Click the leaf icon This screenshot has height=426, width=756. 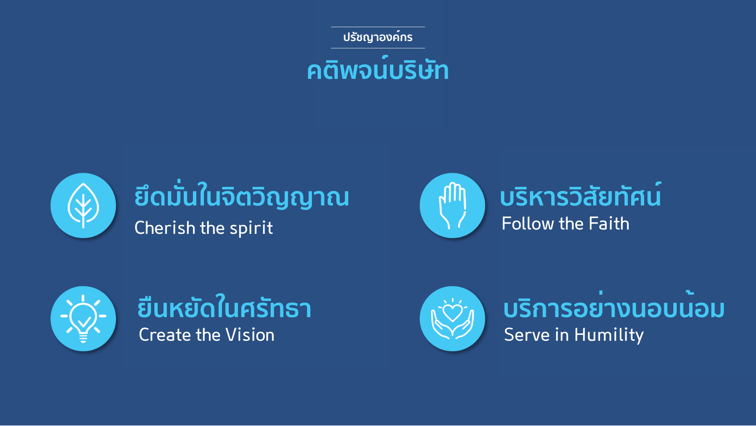coord(83,206)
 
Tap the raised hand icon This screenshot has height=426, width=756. coord(452,206)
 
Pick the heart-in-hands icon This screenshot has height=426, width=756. coord(452,319)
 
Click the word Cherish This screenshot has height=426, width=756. coord(165,228)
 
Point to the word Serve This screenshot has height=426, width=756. coord(527,335)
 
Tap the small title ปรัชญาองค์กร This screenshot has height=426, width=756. coord(378,37)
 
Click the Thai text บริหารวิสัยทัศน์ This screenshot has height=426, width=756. coord(580,195)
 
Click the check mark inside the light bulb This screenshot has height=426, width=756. coord(84,322)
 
